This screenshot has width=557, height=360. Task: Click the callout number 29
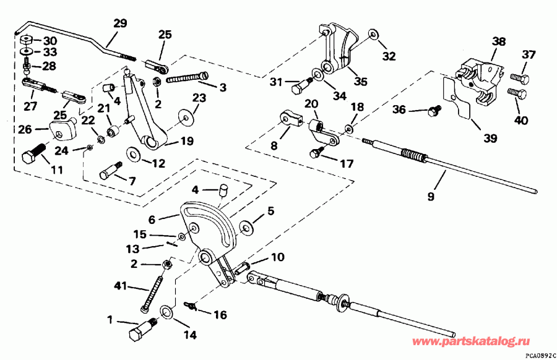click(x=119, y=25)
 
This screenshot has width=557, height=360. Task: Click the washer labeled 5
click(x=246, y=228)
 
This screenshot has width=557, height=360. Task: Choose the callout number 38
click(x=498, y=43)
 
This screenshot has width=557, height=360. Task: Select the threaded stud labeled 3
click(x=184, y=80)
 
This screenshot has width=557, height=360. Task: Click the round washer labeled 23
click(x=184, y=114)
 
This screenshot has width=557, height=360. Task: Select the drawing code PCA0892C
click(x=539, y=356)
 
